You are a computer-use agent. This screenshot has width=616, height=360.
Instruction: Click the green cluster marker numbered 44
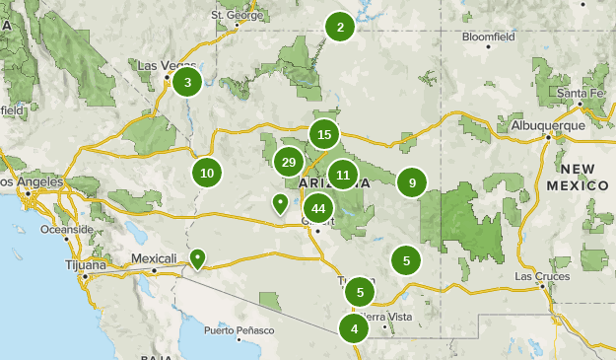[318, 208]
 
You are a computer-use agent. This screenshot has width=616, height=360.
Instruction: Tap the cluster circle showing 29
[289, 163]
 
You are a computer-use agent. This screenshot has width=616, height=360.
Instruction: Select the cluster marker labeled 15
[324, 134]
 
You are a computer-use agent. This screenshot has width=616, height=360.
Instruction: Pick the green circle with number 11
[342, 176]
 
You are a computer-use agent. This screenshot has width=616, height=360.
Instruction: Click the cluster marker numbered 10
[207, 173]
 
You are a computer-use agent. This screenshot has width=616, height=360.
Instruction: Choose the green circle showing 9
[412, 181]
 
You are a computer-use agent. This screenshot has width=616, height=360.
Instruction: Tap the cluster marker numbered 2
[340, 28]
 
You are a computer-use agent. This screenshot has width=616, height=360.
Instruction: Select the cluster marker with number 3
[187, 82]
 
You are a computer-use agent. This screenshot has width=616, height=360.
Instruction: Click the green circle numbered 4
[354, 327]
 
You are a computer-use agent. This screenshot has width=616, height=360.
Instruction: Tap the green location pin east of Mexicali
[198, 258]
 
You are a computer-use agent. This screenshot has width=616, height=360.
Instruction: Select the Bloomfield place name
[488, 37]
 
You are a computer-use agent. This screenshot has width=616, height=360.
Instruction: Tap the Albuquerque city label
[548, 125]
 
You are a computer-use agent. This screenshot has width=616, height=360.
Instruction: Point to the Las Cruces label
[542, 277]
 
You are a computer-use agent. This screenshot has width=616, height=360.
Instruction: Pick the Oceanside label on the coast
[66, 229]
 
